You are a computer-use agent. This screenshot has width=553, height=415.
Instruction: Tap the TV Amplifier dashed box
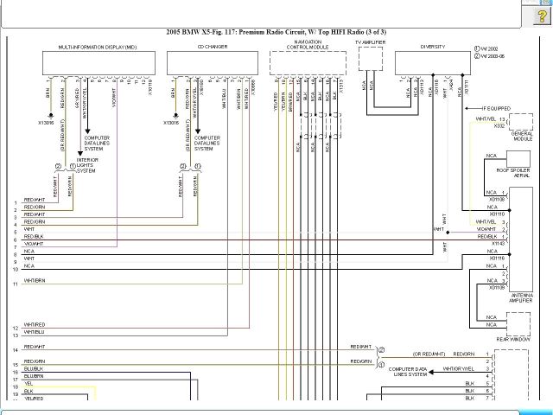click(371, 59)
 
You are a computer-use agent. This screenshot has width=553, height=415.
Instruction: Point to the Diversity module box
click(432, 62)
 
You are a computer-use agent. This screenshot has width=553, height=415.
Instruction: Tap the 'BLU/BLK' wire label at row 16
click(34, 369)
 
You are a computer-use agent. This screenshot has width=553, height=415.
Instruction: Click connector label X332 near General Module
click(499, 126)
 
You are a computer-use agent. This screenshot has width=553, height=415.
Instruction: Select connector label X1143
click(497, 244)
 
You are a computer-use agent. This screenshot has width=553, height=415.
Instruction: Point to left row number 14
click(16, 348)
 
